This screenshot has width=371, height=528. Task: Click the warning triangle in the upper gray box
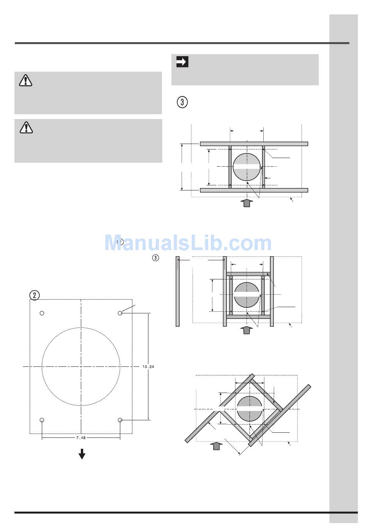[x=25, y=80]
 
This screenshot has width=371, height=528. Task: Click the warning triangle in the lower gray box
[x=26, y=128]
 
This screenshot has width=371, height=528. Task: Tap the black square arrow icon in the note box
[x=182, y=62]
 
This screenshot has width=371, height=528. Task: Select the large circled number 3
[x=182, y=102]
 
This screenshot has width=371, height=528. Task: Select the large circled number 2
[x=35, y=295]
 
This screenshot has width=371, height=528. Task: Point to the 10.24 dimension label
[x=148, y=366]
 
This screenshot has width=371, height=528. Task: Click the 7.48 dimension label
[x=81, y=438]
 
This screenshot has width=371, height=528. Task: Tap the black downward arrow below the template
[x=82, y=454]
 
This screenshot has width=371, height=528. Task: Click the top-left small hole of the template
[x=42, y=313]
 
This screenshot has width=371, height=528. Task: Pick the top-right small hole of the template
[x=120, y=313]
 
